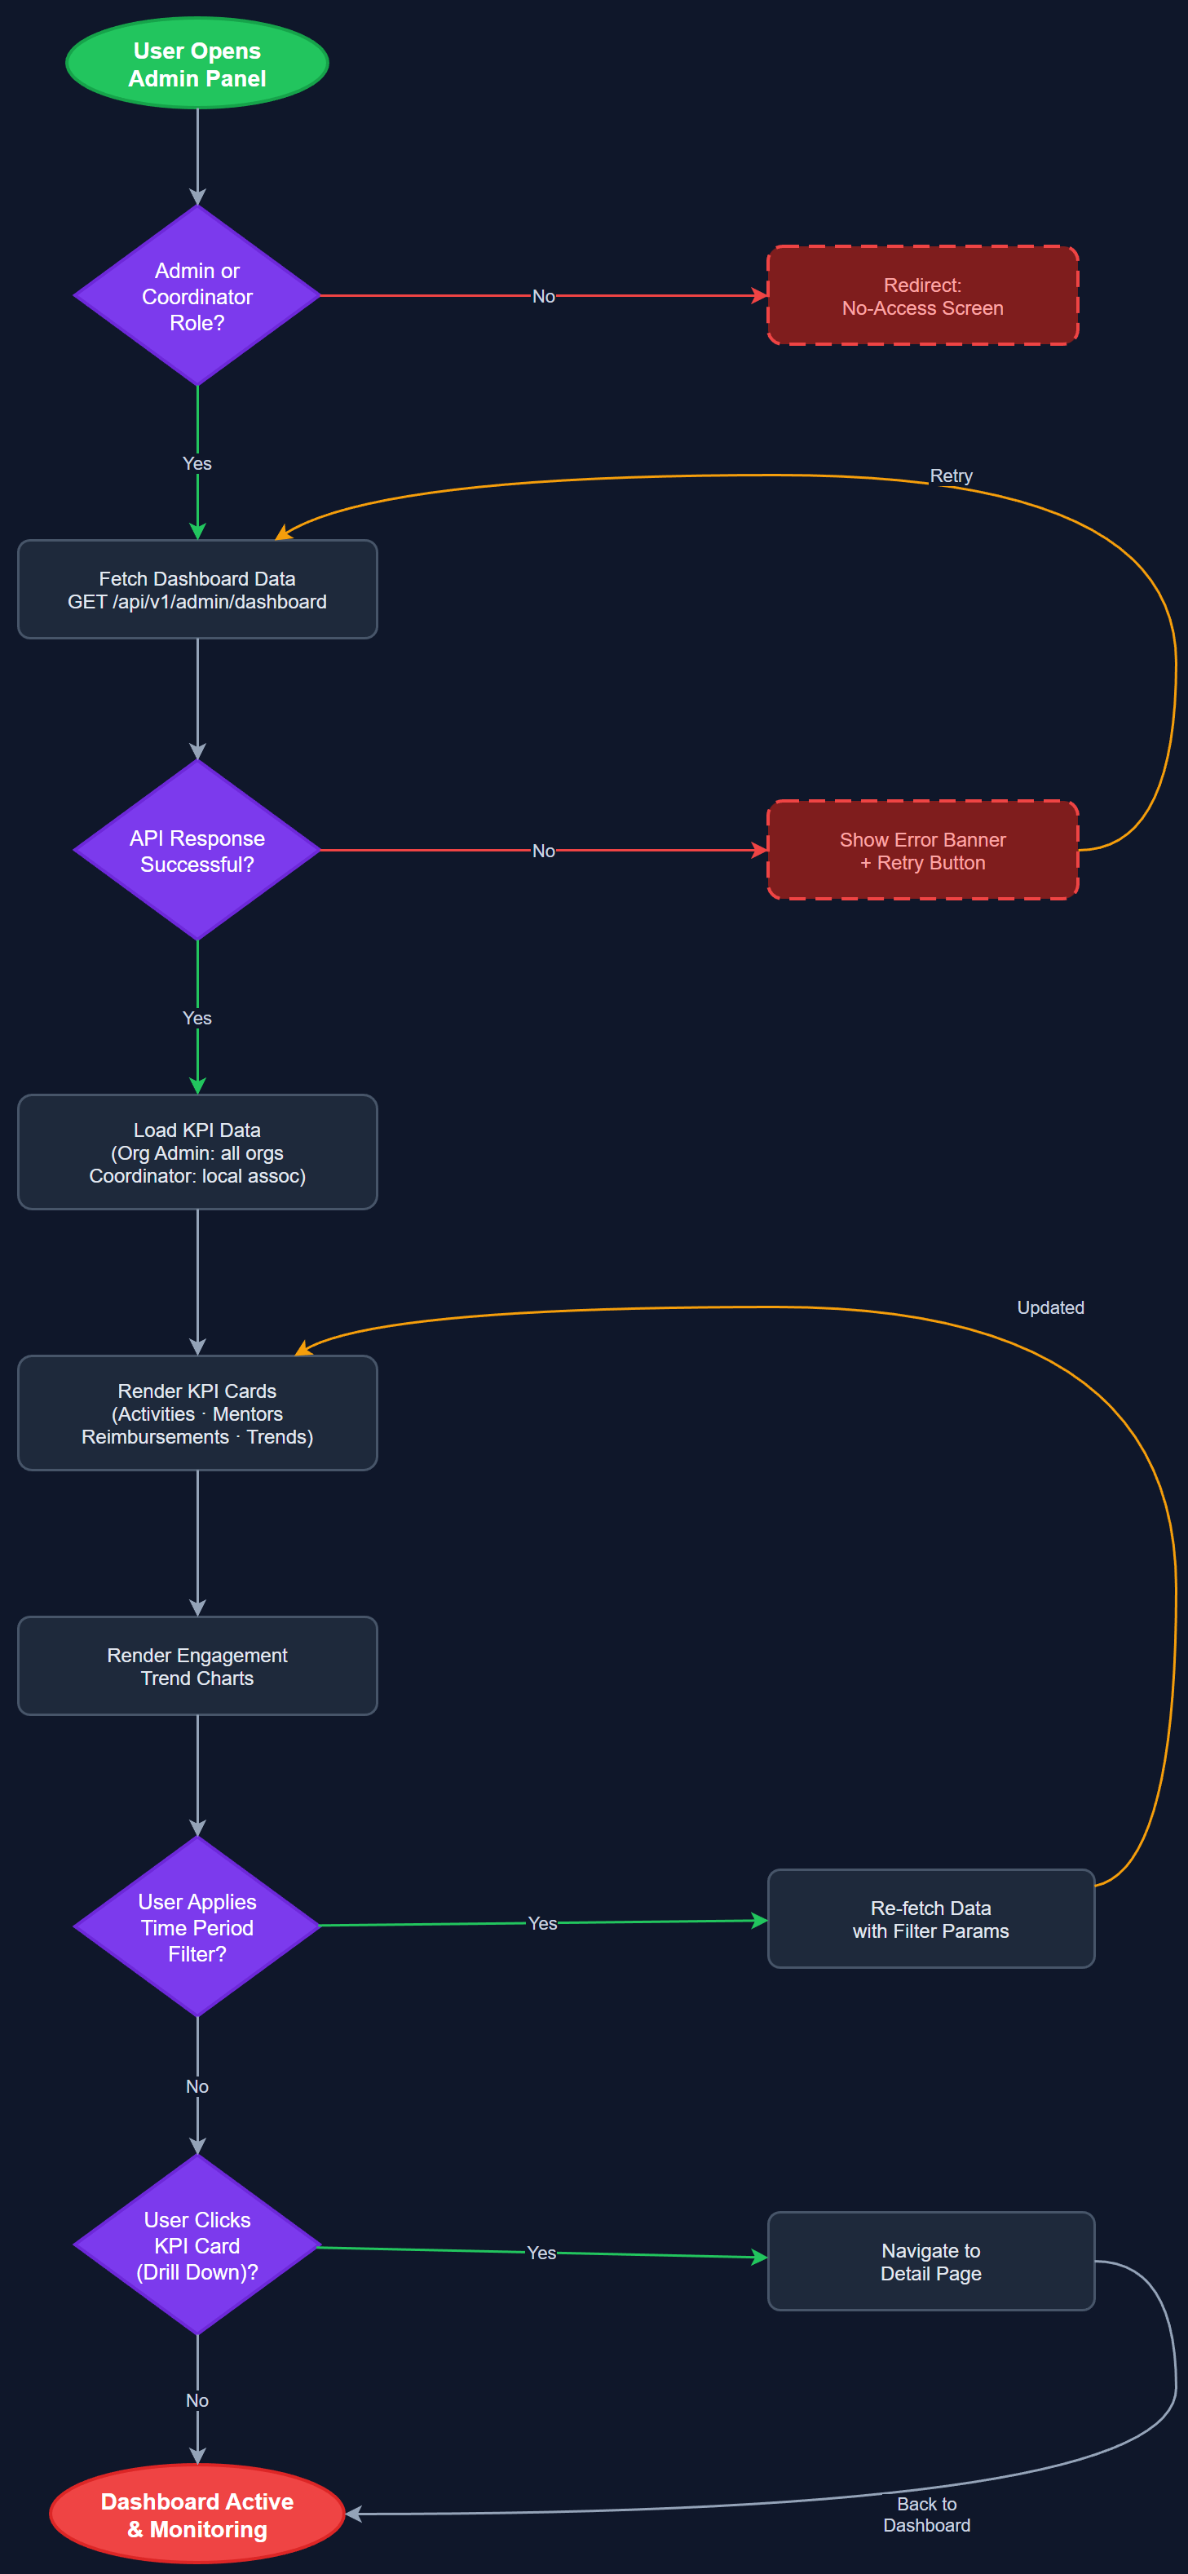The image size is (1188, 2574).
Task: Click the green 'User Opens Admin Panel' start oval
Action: (197, 64)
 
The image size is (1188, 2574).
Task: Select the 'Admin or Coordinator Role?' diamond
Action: (197, 296)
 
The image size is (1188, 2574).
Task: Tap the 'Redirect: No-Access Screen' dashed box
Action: (921, 296)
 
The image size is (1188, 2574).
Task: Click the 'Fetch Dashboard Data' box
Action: (197, 590)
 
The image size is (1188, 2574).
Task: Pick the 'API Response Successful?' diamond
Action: (197, 851)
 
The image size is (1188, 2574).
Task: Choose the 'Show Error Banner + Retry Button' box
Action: (921, 851)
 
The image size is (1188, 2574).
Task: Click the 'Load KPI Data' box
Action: (197, 1152)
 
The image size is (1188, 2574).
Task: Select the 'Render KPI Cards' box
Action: (197, 1413)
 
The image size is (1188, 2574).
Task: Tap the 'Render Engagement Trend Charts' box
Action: (197, 1665)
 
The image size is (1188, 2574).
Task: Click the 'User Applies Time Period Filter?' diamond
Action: (197, 1926)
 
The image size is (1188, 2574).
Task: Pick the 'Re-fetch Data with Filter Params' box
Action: (930, 1918)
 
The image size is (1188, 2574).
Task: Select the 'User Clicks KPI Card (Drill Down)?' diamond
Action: (197, 2245)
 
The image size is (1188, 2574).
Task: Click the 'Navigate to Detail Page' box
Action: (930, 2262)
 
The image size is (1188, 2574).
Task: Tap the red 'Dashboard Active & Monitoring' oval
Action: (197, 2514)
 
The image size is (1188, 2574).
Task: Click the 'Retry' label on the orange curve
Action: (950, 475)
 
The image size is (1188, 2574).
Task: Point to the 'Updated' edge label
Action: (1049, 1307)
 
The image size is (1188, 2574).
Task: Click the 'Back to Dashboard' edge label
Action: (926, 2514)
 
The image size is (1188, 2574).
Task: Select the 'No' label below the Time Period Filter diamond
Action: (197, 2086)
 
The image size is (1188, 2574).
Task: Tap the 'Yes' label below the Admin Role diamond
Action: (197, 463)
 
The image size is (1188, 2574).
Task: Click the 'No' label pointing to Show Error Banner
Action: (542, 851)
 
